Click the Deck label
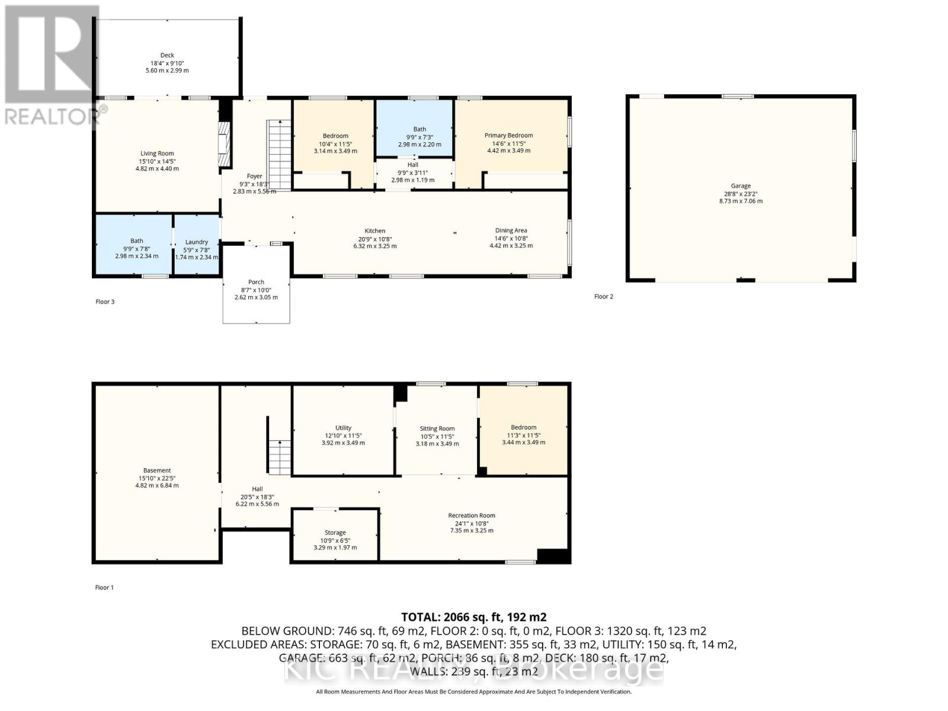coord(167,56)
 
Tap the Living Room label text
coord(157,153)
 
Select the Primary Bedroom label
coord(508,136)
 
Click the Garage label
coord(740,186)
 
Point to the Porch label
coord(256,282)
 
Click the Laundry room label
coord(196,242)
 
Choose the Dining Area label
coord(511,230)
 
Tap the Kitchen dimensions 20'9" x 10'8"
coord(374,238)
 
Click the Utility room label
coord(343,428)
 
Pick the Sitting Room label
coord(437,428)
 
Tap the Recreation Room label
coord(471,515)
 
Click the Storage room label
coord(335,533)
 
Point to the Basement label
coord(157,470)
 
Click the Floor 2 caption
coord(603,296)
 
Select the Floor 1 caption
coord(104,587)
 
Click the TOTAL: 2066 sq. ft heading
coord(473,617)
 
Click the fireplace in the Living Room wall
coord(223,145)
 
